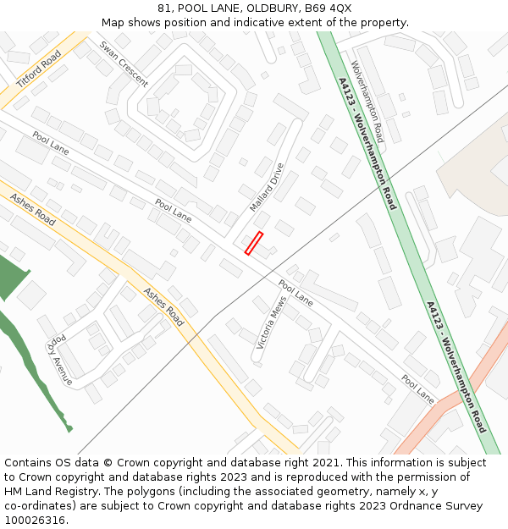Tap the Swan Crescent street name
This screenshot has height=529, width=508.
coord(124,64)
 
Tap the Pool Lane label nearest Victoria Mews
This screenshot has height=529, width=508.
coord(295,292)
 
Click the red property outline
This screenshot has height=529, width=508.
coord(254,243)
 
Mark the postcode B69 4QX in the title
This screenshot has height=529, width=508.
coord(329,8)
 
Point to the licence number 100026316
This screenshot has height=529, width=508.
coord(35,520)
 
